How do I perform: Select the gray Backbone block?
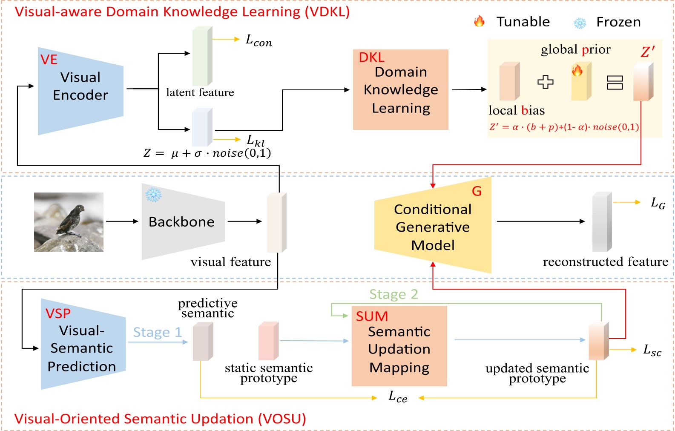point(182,222)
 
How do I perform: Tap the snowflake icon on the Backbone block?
point(153,195)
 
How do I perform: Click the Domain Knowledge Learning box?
point(400,90)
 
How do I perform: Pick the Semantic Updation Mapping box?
point(399,346)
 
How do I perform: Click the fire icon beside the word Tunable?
point(480,21)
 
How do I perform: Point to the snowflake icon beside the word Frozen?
point(580,23)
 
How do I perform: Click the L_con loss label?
point(259,40)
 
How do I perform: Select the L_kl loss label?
point(256,140)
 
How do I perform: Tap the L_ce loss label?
point(398,397)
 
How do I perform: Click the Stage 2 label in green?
point(393,294)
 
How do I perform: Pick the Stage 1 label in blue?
point(157,332)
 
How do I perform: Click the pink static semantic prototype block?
point(268,341)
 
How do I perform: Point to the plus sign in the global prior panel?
point(545,81)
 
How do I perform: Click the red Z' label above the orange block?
point(647,52)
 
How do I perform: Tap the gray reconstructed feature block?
point(602,222)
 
